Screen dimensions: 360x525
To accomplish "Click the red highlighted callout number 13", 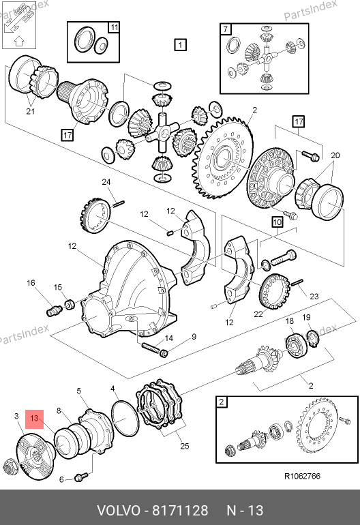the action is [35, 419].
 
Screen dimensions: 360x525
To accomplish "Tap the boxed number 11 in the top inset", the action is [114, 27].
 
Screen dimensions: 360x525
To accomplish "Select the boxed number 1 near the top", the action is [180, 44].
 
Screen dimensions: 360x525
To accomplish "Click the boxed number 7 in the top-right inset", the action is [226, 29].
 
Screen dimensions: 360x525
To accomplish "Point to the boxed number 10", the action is [277, 222].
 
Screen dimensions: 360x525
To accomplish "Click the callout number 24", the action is [106, 182].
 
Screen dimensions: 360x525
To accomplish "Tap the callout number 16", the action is [31, 283].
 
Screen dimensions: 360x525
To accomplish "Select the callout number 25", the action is [185, 446].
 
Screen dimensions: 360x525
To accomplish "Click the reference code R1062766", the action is [302, 476].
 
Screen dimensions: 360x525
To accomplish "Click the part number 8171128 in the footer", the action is [180, 511].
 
